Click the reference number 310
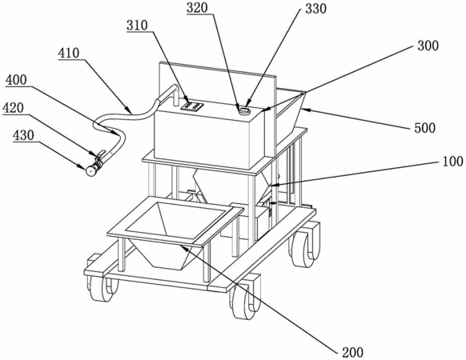137,25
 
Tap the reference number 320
197,7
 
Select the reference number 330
316,9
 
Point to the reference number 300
428,46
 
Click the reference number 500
425,127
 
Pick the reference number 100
453,161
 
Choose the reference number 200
352,352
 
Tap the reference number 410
69,53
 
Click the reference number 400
16,80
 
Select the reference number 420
13,108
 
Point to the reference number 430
23,135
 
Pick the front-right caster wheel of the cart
244,300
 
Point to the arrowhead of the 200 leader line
183,248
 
